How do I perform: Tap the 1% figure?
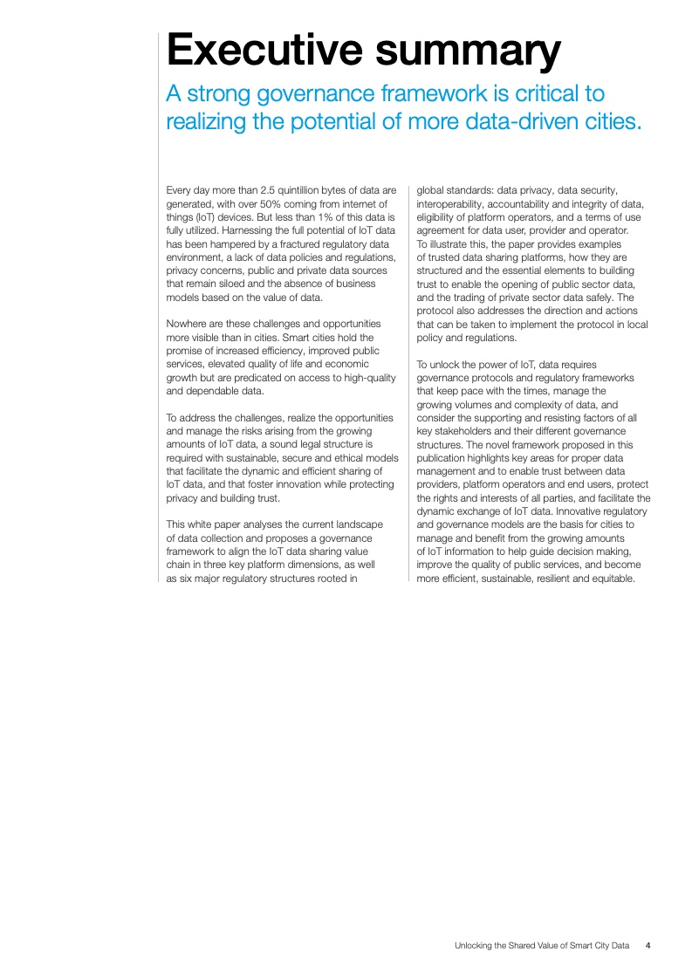tap(317, 216)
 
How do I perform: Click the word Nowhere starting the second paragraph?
tap(187, 324)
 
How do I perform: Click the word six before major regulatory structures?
tap(181, 578)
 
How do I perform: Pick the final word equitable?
tap(613, 578)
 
